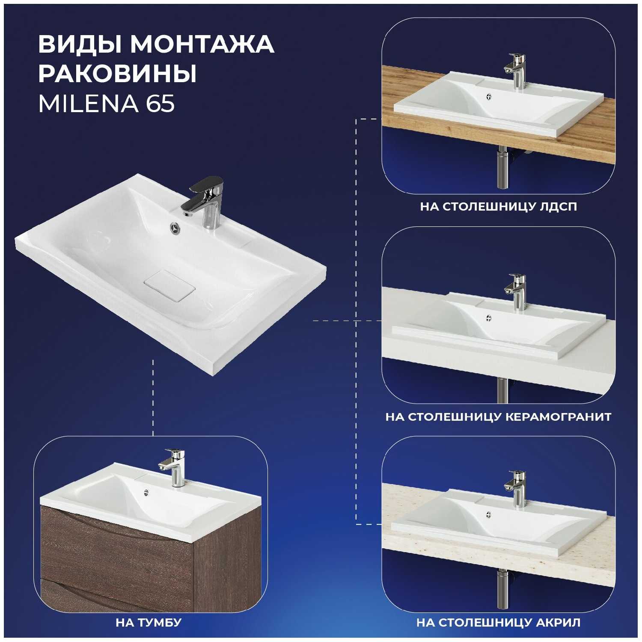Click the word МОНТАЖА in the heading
point(202,44)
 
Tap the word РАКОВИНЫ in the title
point(118,74)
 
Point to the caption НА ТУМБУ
point(149,622)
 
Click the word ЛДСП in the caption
point(558,207)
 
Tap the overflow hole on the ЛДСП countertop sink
point(490,97)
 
